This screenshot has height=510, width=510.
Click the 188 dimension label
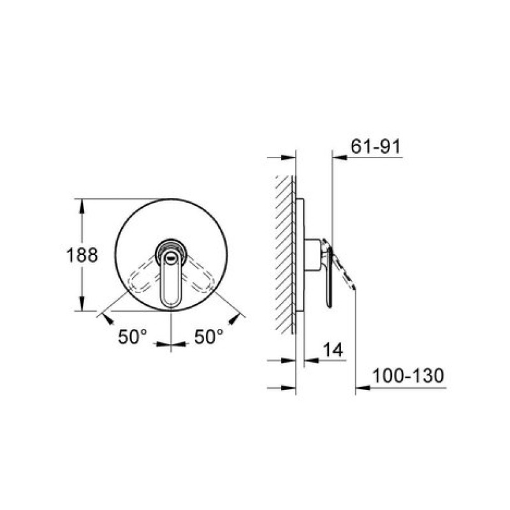[x=82, y=255]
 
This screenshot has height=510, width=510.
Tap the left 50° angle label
[x=133, y=337]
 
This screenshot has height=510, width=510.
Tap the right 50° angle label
[x=209, y=337]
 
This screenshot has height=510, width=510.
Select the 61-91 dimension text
[x=376, y=147]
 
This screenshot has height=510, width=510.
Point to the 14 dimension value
[x=333, y=350]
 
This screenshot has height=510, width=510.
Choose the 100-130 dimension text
[x=408, y=375]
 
